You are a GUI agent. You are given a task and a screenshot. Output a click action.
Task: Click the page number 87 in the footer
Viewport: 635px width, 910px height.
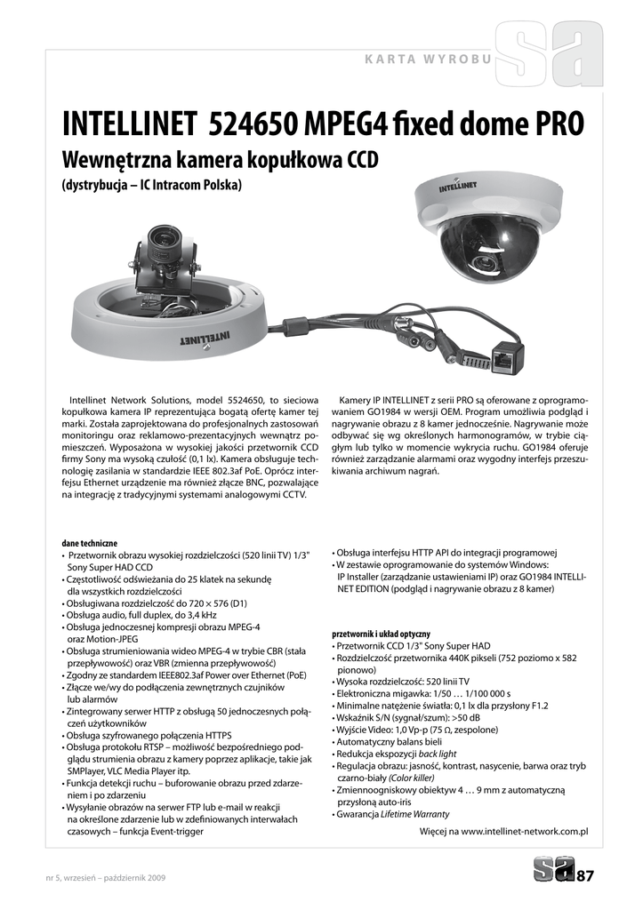(584, 877)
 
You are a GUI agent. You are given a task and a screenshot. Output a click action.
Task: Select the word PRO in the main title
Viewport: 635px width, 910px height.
(559, 124)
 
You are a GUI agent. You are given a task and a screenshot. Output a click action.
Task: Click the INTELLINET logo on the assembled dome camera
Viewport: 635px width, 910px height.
(457, 188)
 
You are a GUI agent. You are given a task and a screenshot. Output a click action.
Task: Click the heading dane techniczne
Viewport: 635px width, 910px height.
(89, 543)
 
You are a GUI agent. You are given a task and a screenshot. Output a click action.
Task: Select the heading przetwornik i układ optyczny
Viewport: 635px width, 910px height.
(381, 634)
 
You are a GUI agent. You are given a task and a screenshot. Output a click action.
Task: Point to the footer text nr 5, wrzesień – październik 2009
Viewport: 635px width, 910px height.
(105, 878)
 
